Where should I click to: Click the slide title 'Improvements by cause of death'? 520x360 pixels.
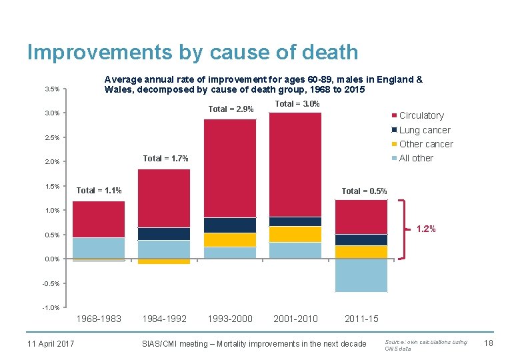tap(192, 52)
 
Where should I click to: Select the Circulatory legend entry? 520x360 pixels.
tap(421, 115)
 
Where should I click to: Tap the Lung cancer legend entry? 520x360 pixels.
tap(424, 130)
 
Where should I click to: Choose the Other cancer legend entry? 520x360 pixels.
tap(425, 144)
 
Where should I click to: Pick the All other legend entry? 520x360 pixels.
tap(415, 158)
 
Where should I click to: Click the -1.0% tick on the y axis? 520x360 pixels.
tap(51, 307)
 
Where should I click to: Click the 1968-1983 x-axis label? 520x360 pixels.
tap(99, 319)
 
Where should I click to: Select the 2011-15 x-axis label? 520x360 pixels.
tap(361, 319)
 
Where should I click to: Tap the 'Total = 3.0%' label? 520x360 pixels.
tap(297, 104)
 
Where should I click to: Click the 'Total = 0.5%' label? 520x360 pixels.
tap(364, 191)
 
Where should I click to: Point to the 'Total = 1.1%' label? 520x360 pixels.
tap(99, 191)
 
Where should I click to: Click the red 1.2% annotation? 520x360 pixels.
tap(426, 229)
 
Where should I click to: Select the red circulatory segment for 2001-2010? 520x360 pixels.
tap(295, 163)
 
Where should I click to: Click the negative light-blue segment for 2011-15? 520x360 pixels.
tap(361, 275)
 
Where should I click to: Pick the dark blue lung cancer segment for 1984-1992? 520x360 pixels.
tap(164, 234)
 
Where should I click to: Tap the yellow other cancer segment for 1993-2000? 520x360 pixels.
tap(229, 240)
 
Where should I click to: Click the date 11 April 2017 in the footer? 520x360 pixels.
tap(51, 343)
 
